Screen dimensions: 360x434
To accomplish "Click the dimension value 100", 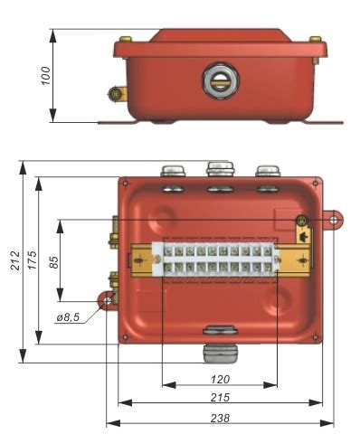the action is coord(46,76).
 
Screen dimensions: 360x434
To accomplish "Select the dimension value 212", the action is coord(15,260).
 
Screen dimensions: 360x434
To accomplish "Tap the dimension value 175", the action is coord(33,260).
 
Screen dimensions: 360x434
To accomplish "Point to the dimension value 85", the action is coord(54,262).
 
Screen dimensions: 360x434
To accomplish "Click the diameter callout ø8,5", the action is coord(68,317).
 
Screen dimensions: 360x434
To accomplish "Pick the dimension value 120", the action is coord(220,379).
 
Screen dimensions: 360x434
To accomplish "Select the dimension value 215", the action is coord(220,397).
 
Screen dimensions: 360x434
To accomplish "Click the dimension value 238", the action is coord(220,418).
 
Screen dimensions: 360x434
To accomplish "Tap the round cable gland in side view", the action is coord(221,80).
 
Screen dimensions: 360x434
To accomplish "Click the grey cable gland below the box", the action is coord(220,353).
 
